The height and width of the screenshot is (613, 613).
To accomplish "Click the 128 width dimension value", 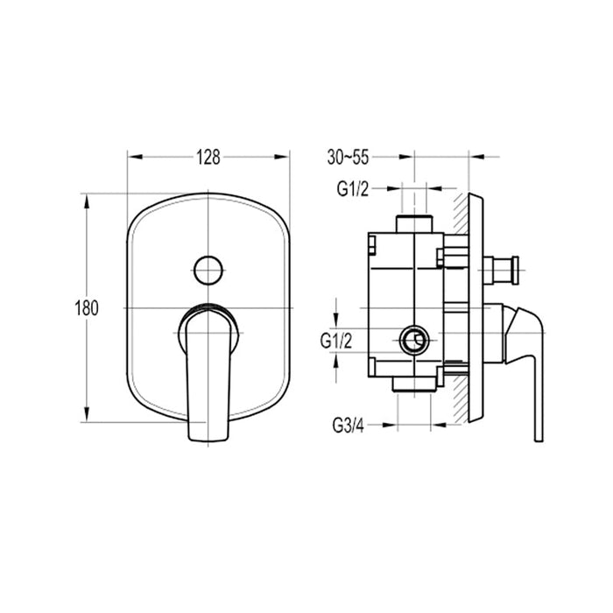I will pyautogui.click(x=208, y=158).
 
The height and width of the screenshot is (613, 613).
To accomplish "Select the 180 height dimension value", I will pyautogui.click(x=87, y=308).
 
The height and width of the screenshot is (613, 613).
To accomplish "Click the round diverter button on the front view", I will pyautogui.click(x=208, y=270).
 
